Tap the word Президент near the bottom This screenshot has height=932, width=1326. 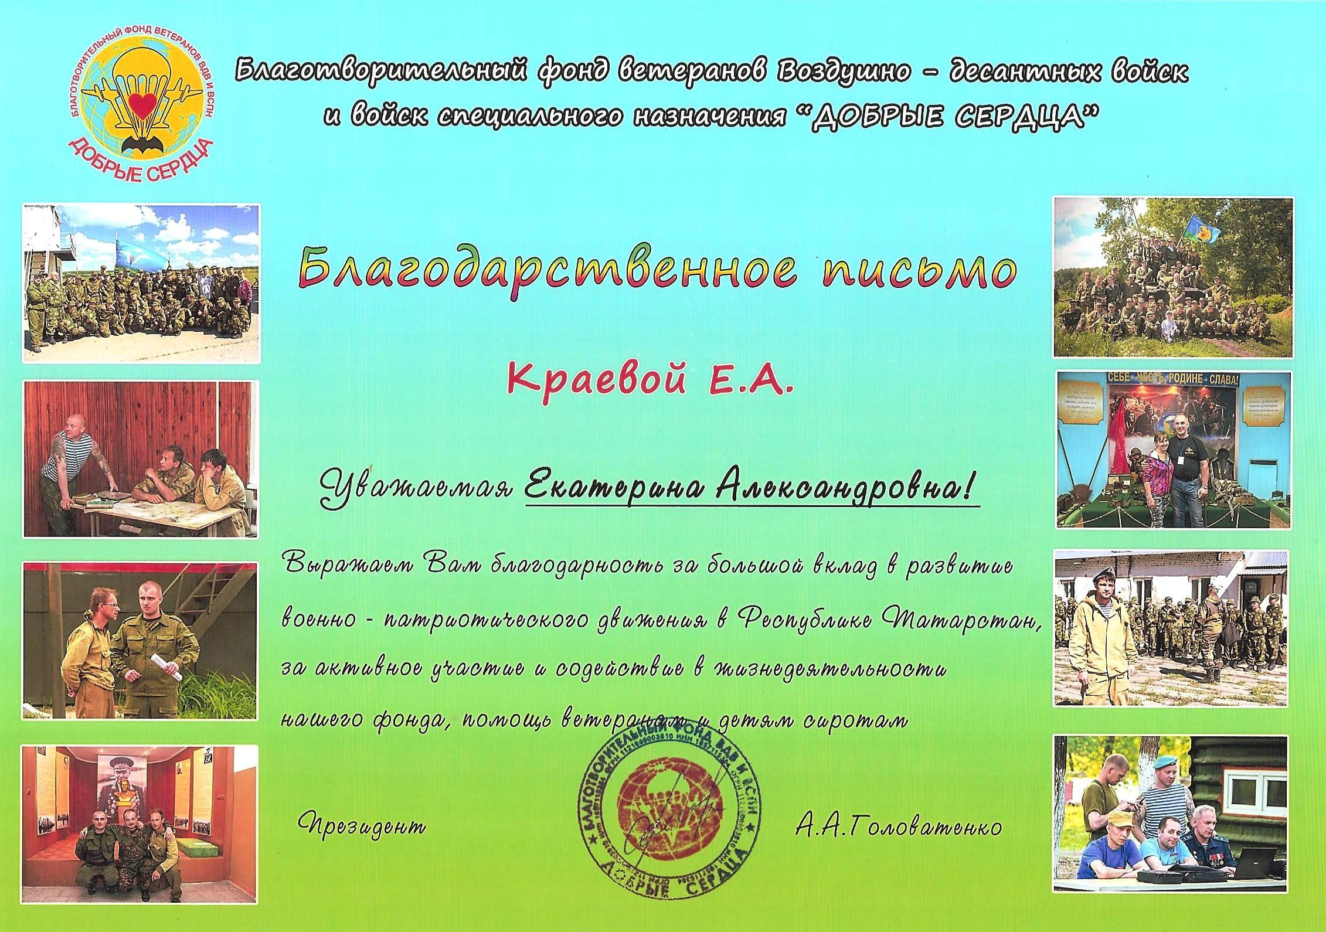(x=363, y=826)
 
